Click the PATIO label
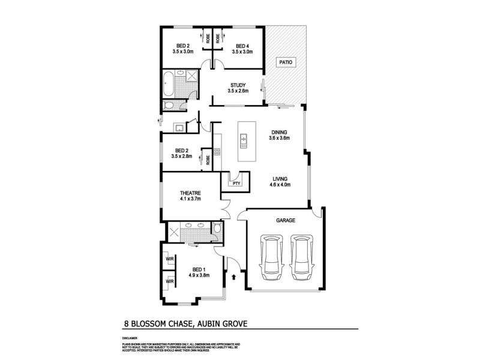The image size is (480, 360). click(x=283, y=62)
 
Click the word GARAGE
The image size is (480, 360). click(x=286, y=221)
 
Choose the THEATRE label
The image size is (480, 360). click(x=191, y=193)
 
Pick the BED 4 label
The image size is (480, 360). click(x=242, y=47)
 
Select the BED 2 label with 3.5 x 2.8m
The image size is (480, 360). click(x=182, y=151)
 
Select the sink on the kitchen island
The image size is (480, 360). click(x=244, y=141)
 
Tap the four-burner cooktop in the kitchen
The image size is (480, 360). click(x=218, y=152)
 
